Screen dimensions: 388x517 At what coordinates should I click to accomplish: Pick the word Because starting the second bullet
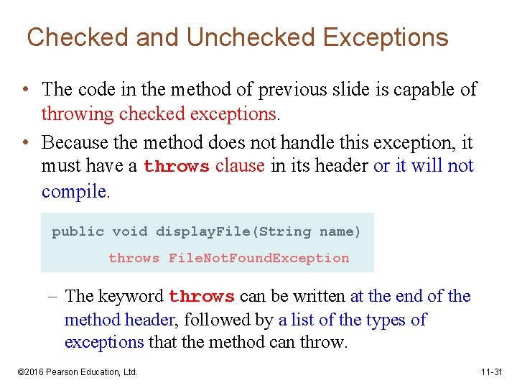coord(79,142)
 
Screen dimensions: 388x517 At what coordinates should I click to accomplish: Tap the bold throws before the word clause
coord(177,167)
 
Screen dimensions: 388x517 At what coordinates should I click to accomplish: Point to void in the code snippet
coord(130,231)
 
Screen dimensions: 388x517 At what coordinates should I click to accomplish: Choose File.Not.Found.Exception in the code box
coord(258,258)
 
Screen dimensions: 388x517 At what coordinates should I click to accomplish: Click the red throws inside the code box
coord(134,258)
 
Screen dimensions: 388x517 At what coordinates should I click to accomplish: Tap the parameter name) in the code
coord(340,231)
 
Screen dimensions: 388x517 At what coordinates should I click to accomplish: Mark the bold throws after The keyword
coord(202,297)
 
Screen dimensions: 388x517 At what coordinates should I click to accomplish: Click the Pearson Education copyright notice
coord(78,371)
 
